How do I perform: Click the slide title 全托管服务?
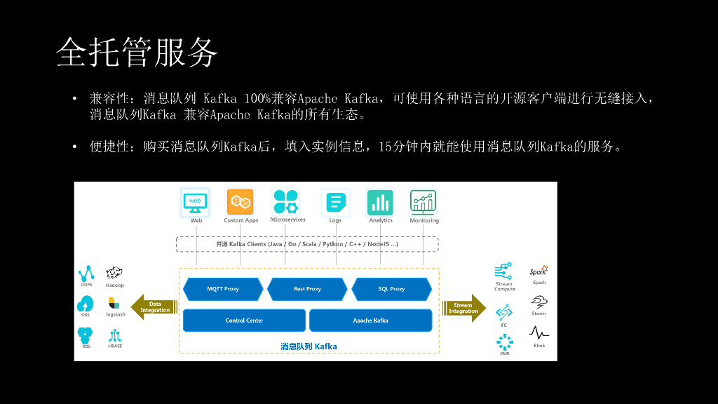pos(137,53)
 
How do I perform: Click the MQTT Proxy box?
pos(223,289)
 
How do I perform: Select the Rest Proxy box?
pos(307,289)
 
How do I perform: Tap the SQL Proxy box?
pos(391,289)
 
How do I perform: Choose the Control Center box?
pos(244,321)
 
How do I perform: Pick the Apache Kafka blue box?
pos(370,321)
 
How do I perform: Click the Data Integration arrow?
pos(154,307)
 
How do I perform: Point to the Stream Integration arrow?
pos(463,307)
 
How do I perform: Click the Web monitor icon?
pos(196,202)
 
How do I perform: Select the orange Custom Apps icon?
pos(240,202)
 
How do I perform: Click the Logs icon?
pos(336,203)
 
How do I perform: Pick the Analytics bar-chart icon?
pos(381,203)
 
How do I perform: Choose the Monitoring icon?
pos(424,202)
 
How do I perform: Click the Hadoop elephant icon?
pos(114,273)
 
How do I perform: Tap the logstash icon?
pos(114,303)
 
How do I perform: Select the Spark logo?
pos(538,271)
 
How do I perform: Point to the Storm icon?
pos(538,302)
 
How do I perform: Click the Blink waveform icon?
pos(538,332)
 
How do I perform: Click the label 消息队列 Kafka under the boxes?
pos(309,346)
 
